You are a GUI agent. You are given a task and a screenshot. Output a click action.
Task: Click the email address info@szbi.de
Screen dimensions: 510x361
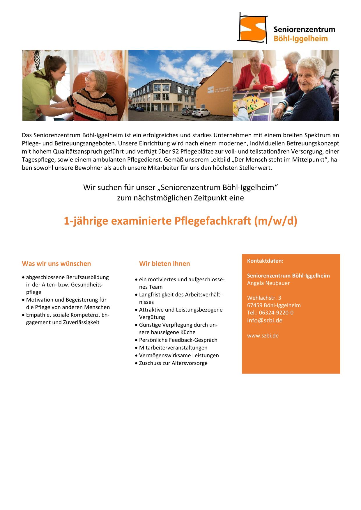[x=265, y=320]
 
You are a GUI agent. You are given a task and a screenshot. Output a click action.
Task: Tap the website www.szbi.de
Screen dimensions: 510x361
[x=263, y=335]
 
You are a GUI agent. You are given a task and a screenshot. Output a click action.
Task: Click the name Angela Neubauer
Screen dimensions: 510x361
[x=268, y=283]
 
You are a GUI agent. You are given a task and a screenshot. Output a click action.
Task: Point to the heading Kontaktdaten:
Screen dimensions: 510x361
[x=265, y=261]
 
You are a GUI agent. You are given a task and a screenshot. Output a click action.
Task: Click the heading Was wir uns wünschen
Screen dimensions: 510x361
[x=56, y=264]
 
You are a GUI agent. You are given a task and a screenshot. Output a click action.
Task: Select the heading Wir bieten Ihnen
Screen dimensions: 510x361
[x=164, y=264]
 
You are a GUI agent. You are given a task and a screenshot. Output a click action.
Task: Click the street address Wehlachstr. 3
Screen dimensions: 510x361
[x=264, y=298]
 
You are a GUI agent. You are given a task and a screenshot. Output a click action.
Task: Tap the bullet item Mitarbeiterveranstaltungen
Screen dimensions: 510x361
[x=173, y=348]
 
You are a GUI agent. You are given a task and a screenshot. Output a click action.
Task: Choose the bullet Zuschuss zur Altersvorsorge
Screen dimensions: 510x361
[x=173, y=363]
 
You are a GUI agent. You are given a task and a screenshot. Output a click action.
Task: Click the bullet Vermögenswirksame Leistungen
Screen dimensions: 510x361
[x=179, y=355]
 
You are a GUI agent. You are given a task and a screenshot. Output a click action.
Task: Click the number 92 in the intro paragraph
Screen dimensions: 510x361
[x=176, y=151]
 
